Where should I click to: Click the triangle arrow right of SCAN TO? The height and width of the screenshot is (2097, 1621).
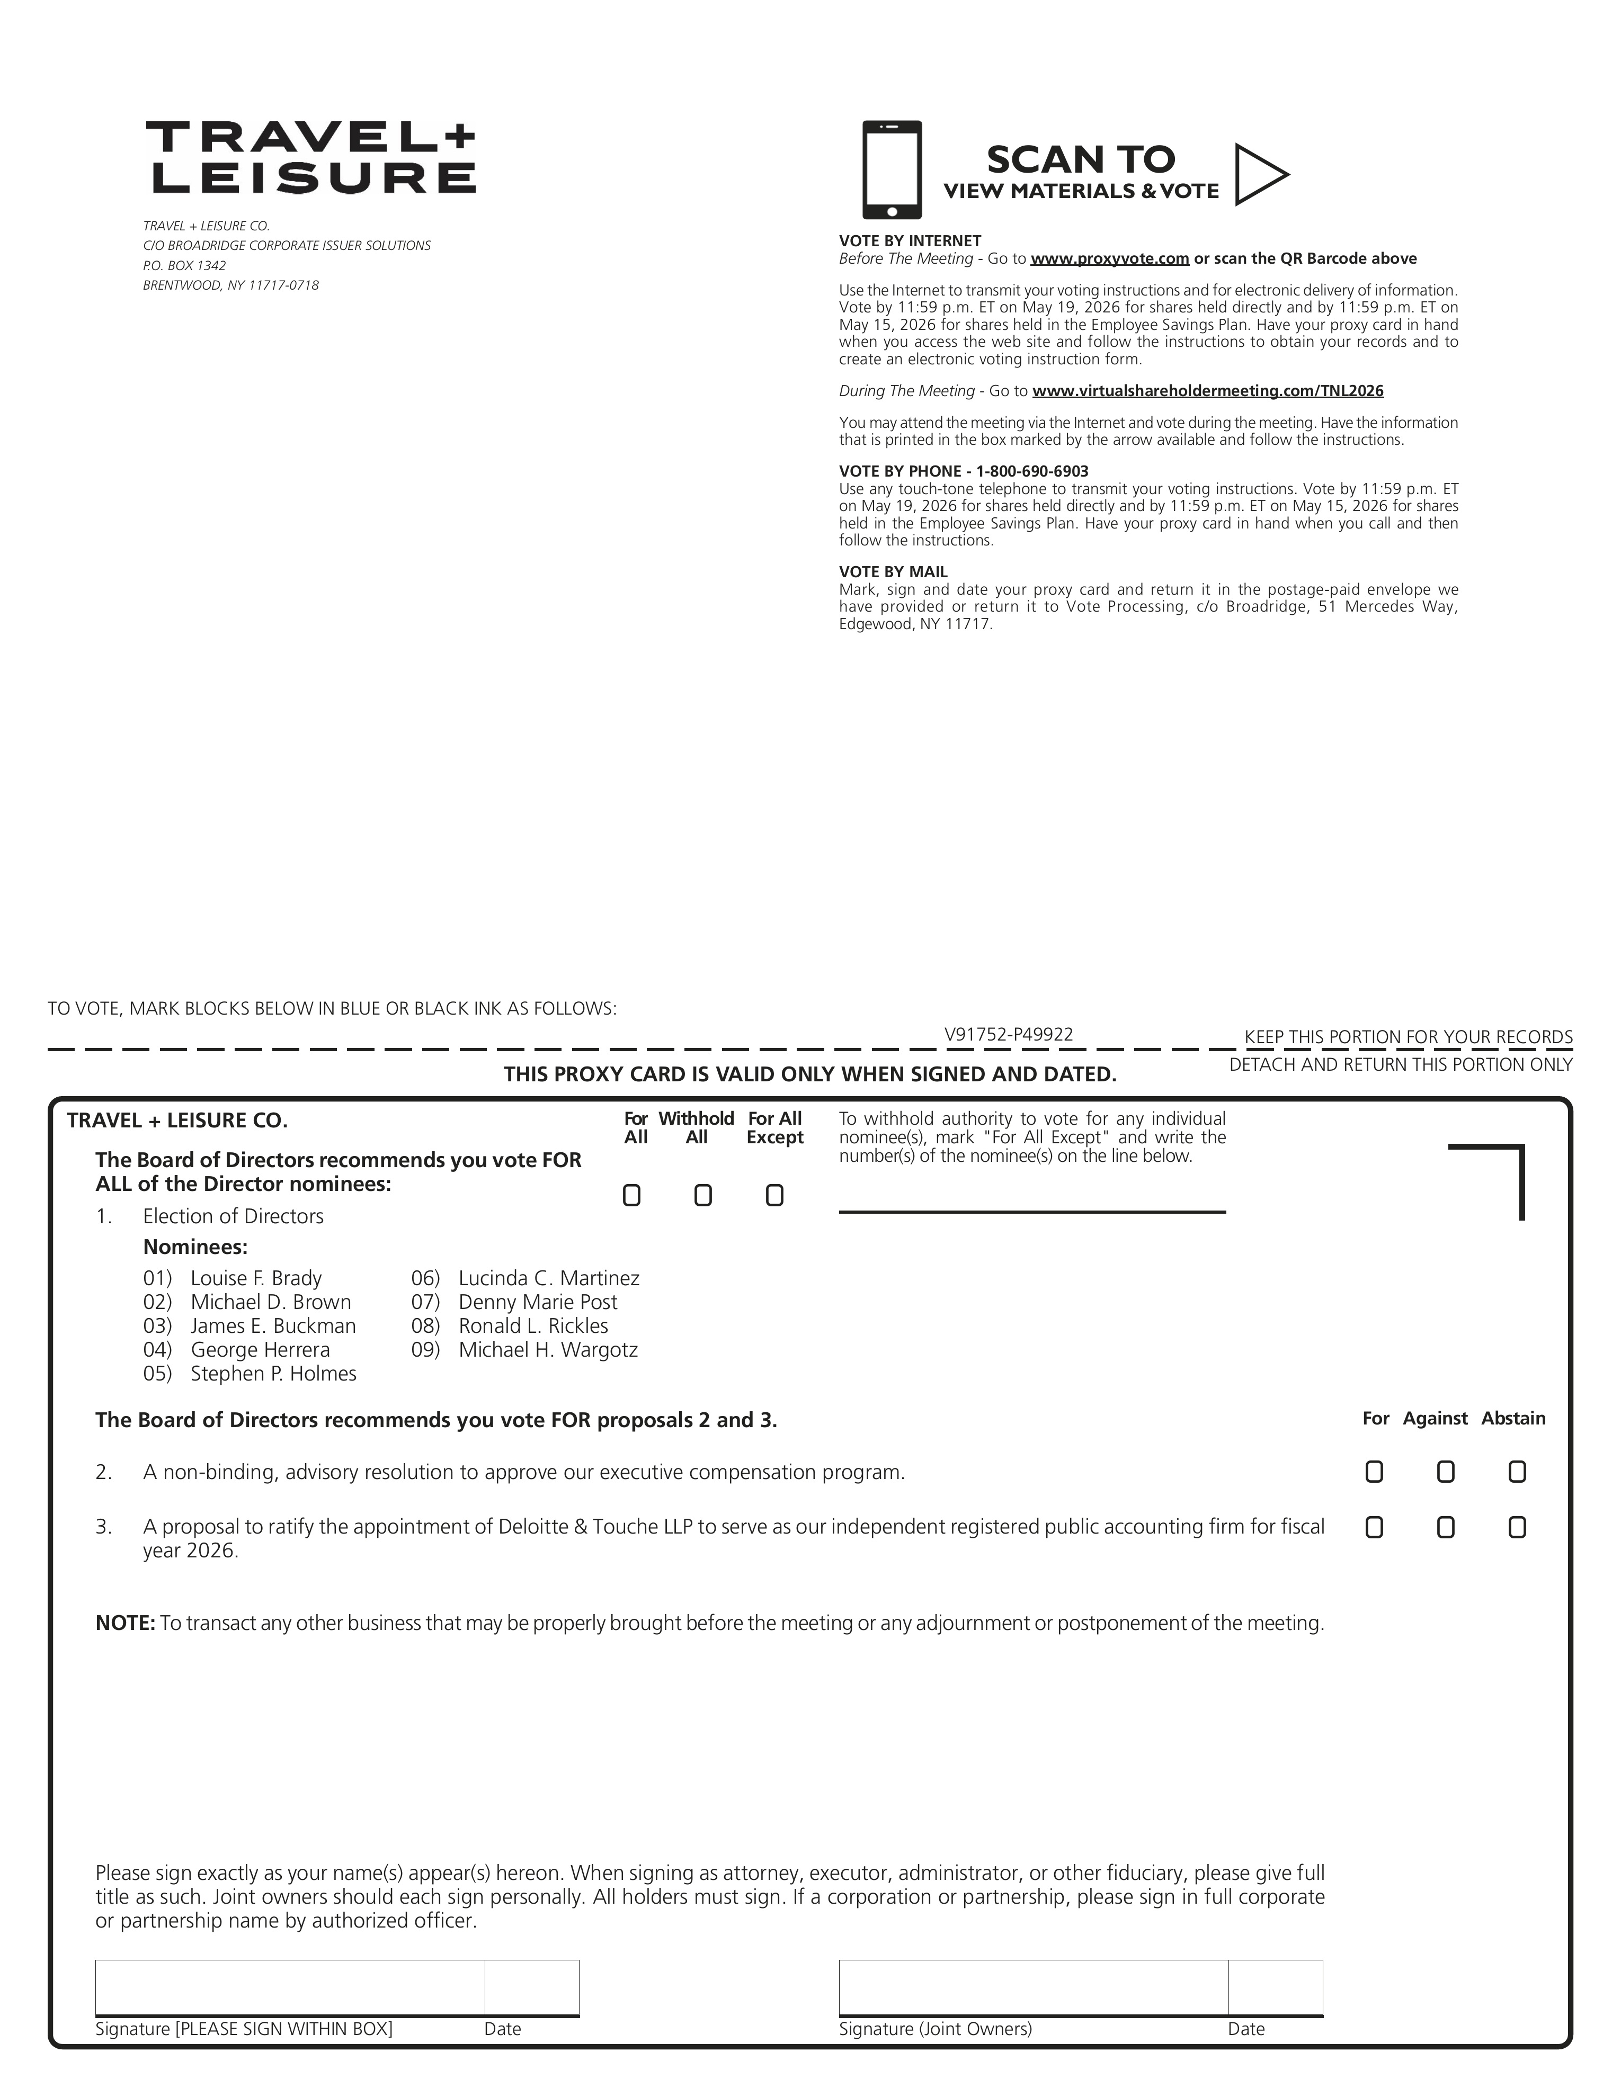pos(1259,174)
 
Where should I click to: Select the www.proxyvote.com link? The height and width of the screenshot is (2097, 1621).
pos(1109,258)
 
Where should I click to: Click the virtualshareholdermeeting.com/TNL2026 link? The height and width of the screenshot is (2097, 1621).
pos(1207,391)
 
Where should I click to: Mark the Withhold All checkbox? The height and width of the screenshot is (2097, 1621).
pos(703,1195)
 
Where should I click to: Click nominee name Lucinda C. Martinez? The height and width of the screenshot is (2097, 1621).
pos(548,1278)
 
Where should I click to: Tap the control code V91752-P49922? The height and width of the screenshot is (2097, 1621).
pos(1008,1034)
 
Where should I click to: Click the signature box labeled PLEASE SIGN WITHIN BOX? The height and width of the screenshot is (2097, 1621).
pos(289,1986)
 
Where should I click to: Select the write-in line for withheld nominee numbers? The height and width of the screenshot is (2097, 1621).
pos(1032,1200)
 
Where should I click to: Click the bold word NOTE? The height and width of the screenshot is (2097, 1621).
pos(125,1623)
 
